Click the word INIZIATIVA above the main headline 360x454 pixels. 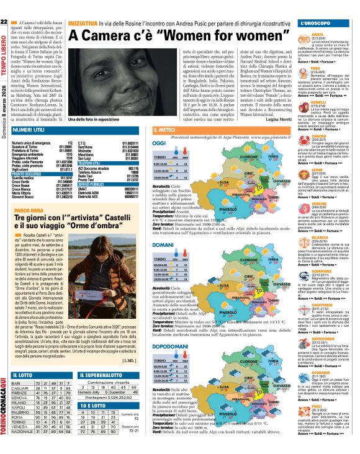82,22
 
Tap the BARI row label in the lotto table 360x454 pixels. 17,383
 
